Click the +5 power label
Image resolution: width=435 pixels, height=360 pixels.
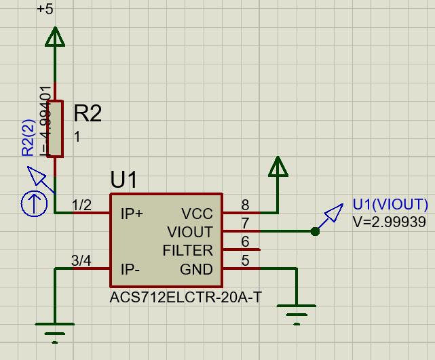(45, 9)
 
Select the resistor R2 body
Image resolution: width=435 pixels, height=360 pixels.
(55, 129)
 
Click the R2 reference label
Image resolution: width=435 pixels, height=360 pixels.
(88, 113)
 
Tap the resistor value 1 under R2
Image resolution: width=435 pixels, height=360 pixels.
(77, 137)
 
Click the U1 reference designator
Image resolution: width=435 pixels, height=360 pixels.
(124, 180)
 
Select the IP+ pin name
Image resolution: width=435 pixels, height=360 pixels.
(132, 214)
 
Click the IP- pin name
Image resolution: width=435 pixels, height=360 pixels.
(130, 269)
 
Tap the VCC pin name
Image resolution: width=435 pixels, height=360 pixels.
(197, 214)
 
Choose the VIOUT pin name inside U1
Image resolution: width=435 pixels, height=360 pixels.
(190, 233)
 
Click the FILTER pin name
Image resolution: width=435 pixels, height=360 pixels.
(187, 251)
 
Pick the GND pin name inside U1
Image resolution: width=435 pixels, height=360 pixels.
(196, 269)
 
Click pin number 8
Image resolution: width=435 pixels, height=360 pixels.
(245, 205)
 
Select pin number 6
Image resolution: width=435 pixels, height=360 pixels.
(245, 241)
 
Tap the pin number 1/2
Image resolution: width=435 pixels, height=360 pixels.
(81, 205)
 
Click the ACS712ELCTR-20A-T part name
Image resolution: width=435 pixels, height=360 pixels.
(185, 298)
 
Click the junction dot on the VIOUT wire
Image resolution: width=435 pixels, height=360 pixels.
(315, 232)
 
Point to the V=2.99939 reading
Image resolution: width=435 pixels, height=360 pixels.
(389, 222)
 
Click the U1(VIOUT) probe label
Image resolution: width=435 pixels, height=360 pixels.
(390, 205)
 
